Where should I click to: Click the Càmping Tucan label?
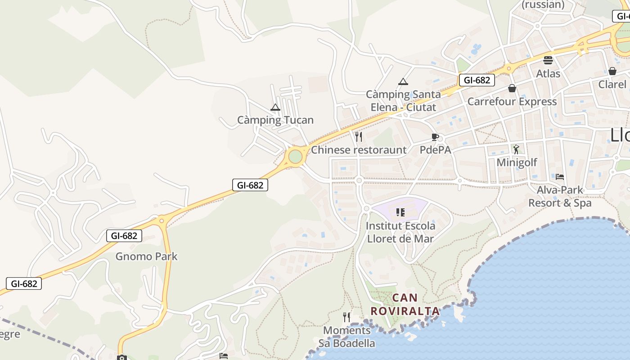click(x=275, y=120)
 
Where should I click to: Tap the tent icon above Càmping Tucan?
click(x=275, y=108)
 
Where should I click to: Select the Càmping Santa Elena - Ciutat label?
click(x=403, y=101)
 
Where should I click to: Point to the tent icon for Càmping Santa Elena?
click(x=403, y=81)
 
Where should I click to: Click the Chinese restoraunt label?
click(x=359, y=150)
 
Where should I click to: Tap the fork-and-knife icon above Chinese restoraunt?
click(x=359, y=137)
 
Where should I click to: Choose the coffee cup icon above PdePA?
click(x=435, y=137)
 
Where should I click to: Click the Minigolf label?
click(x=517, y=162)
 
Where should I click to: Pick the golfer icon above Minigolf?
click(x=516, y=149)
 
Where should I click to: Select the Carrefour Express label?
click(x=512, y=102)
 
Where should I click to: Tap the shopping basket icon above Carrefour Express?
click(x=512, y=88)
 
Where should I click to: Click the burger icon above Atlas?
click(x=548, y=60)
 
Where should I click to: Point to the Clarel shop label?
click(x=612, y=84)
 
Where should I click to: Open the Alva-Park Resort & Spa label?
click(x=560, y=197)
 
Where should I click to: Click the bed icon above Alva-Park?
click(x=560, y=176)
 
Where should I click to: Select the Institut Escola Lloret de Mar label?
click(x=401, y=232)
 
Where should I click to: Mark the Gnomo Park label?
click(x=147, y=256)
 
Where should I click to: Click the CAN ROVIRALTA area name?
click(x=405, y=304)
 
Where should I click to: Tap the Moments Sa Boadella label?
click(x=347, y=337)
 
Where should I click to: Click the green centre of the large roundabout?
click(x=295, y=157)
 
